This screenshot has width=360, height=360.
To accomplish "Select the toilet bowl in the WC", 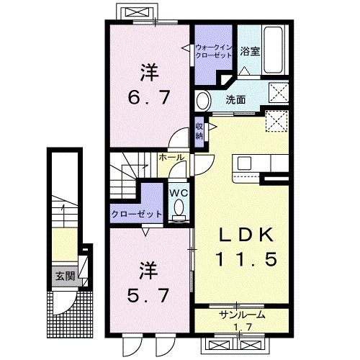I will [179, 208].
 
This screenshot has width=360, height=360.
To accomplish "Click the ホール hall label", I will [171, 157].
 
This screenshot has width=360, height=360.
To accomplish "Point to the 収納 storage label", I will [199, 131].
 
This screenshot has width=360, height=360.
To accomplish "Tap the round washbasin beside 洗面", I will [204, 99].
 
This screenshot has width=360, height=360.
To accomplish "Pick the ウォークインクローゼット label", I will [214, 51].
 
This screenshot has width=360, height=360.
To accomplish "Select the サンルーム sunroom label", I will [242, 315].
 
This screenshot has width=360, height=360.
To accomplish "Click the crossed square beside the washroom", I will [276, 92].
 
